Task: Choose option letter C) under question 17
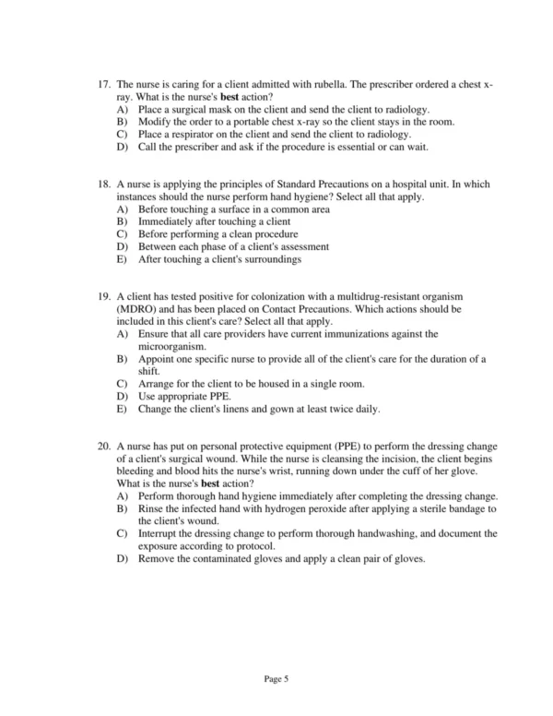(x=123, y=134)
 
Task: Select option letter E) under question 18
(x=123, y=259)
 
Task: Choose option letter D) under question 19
(x=123, y=395)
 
